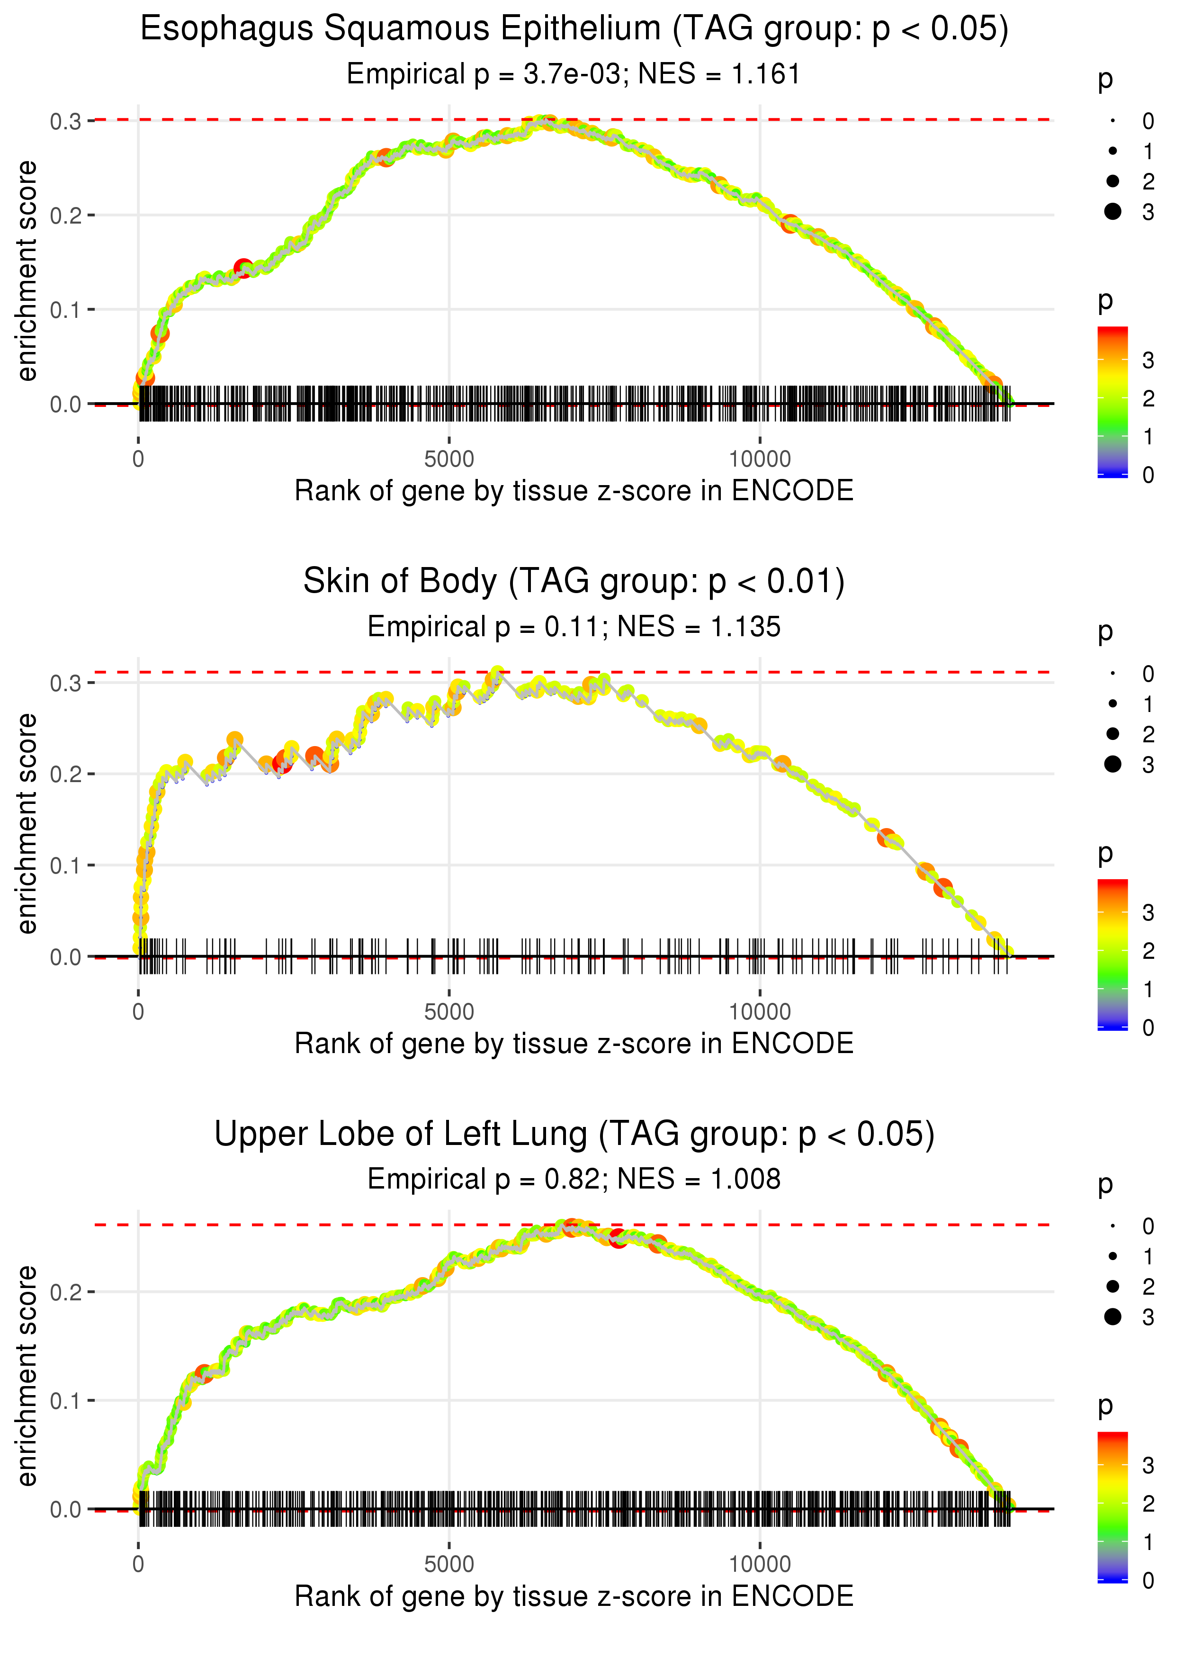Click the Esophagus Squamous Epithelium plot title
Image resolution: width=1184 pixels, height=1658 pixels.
coord(574,29)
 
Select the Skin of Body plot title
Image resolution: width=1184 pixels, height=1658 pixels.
coord(574,582)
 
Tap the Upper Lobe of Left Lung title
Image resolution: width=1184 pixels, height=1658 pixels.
coord(574,1135)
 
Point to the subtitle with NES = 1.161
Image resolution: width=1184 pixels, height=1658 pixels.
coord(574,74)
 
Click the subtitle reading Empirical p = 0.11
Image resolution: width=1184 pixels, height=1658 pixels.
coord(574,627)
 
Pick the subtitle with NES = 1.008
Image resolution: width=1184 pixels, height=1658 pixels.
coord(574,1180)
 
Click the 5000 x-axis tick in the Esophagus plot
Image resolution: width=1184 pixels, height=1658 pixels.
coord(449,460)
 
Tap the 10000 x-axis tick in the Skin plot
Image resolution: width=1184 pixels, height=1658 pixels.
coord(760,1012)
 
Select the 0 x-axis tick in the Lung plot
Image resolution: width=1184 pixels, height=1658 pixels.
coord(138,1565)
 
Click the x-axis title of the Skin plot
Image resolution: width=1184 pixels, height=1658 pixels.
coord(574,1044)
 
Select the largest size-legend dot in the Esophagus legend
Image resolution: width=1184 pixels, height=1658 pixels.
coord(1112,211)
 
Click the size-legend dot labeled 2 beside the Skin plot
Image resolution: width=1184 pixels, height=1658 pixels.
coord(1112,733)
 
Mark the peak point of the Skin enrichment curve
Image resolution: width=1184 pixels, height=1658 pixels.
coord(498,672)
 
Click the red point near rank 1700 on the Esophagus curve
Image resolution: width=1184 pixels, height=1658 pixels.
coord(243,268)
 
